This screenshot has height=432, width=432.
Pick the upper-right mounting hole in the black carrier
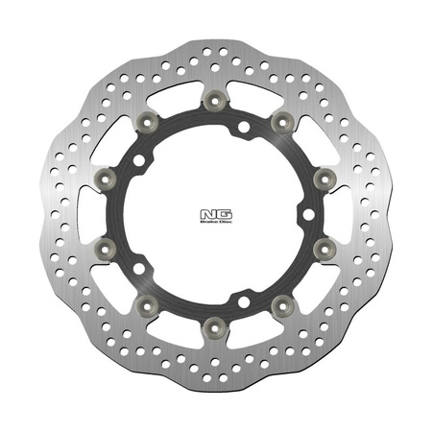pyautogui.click(x=245, y=127)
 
